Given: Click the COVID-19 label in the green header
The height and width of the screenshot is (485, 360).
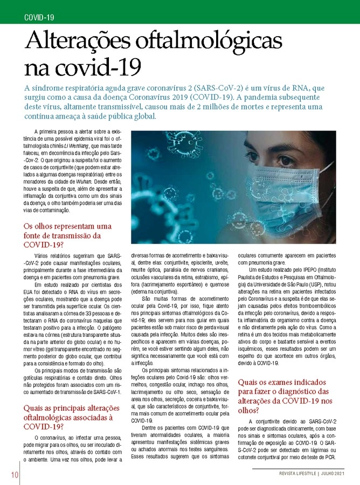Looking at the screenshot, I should (39, 17).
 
